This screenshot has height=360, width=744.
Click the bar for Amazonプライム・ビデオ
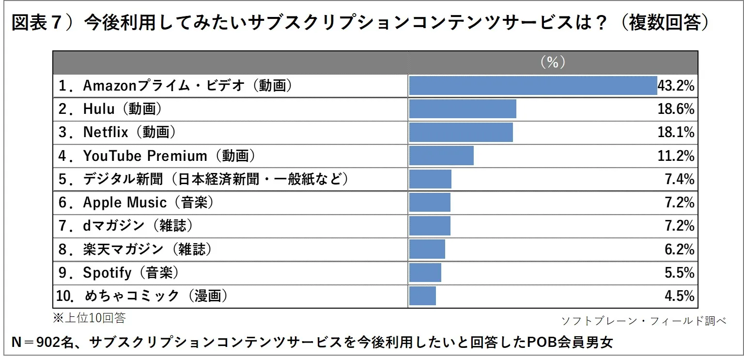point(533,86)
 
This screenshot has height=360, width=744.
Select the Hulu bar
point(463,109)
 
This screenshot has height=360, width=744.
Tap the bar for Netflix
point(461,132)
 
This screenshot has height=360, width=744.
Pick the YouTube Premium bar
point(441,156)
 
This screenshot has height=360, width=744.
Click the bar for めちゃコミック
point(422,296)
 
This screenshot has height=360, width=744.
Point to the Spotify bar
point(425,272)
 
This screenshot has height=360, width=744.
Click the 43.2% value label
point(676,86)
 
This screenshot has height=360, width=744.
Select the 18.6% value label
point(676,110)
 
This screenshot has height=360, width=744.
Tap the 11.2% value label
point(676,156)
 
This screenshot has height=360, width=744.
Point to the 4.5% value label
point(680,296)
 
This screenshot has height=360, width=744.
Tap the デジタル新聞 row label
point(203,179)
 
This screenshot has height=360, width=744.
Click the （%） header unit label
point(553,62)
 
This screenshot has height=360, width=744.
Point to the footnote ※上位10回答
point(89,318)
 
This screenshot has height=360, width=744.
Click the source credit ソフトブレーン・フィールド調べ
point(643,321)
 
